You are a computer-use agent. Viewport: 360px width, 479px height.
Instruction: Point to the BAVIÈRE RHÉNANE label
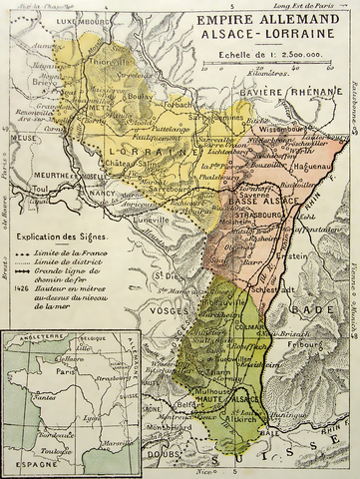[288, 93]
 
